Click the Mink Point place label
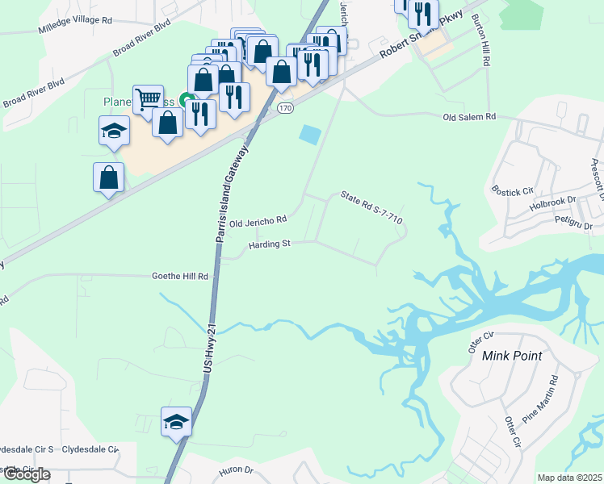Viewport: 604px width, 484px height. click(511, 355)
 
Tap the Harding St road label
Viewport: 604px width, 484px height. click(269, 244)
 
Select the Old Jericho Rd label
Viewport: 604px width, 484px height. click(258, 221)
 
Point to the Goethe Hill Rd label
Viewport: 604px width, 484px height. click(180, 276)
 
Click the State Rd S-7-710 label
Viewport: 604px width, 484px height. click(371, 207)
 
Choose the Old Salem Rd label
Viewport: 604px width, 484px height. click(469, 117)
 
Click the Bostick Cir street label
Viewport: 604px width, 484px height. click(514, 191)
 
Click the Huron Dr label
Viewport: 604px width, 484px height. click(236, 469)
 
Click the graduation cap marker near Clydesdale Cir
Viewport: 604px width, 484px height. click(176, 422)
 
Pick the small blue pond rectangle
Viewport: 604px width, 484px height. click(309, 135)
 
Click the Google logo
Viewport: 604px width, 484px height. click(27, 474)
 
